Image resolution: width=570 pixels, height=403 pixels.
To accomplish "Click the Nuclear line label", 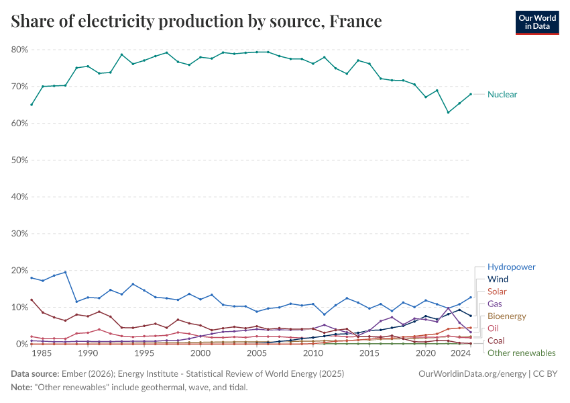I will [502, 95].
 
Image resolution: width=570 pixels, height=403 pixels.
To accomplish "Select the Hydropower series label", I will [511, 267].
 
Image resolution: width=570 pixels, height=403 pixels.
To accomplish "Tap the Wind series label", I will [498, 279].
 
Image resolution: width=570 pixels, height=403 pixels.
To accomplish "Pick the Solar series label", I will [497, 292].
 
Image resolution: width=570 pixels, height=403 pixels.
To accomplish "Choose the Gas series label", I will [495, 304].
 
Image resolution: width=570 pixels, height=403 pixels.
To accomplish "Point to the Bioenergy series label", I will [506, 316].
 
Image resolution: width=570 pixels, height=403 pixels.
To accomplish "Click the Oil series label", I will [493, 328].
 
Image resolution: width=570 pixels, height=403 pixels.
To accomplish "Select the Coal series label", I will [496, 341].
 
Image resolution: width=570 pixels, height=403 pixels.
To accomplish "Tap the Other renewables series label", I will [521, 353].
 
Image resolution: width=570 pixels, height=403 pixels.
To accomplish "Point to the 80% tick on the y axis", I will [19, 50].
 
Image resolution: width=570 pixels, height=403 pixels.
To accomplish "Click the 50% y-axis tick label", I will [19, 161].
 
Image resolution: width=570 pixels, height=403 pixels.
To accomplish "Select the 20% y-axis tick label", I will [19, 271].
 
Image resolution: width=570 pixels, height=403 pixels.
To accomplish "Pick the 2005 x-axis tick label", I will [257, 353].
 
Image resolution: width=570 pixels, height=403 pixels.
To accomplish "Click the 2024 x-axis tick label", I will [460, 353].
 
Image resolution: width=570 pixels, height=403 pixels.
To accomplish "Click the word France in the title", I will [355, 22].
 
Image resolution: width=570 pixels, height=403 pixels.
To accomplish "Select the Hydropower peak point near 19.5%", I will [65, 272].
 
